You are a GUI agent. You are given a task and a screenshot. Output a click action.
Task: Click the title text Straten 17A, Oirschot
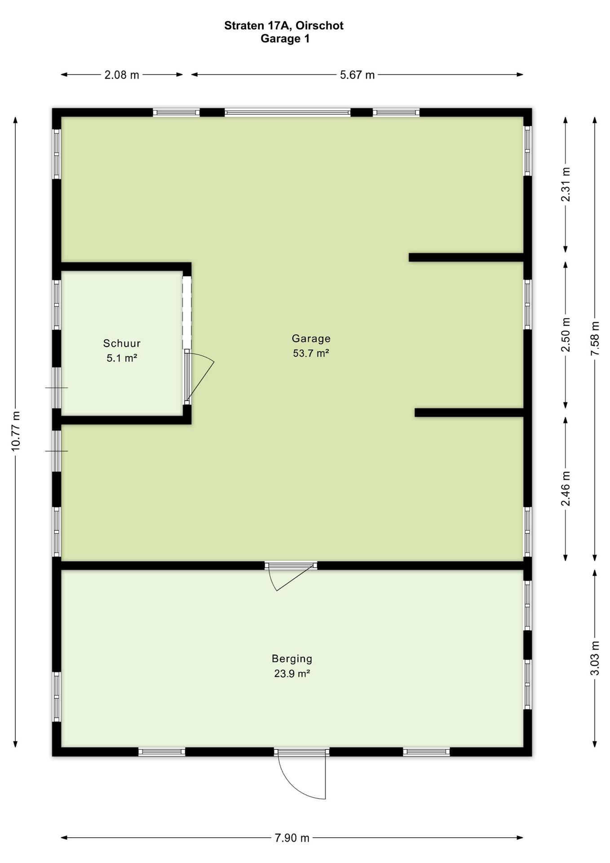[x=284, y=26]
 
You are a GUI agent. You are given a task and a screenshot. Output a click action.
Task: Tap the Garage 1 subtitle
[x=285, y=39]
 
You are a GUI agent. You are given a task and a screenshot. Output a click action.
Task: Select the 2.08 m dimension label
[x=122, y=75]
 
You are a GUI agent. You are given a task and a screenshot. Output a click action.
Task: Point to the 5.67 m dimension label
[x=357, y=75]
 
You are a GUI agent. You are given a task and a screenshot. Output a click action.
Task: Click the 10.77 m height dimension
[x=15, y=431]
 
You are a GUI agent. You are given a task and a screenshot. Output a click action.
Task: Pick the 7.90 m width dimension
[x=292, y=838]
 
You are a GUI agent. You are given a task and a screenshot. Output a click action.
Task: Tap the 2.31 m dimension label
[x=566, y=184]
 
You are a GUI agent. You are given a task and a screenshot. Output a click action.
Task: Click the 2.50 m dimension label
[x=566, y=335]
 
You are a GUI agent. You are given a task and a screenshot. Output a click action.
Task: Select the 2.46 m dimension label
[x=566, y=489]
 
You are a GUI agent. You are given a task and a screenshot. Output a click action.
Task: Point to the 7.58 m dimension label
[x=595, y=338]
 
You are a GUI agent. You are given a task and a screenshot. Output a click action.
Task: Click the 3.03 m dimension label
[x=595, y=658]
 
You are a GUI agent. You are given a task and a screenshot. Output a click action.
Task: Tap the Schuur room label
[x=122, y=343]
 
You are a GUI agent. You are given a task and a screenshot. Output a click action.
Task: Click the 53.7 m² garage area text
[x=311, y=353]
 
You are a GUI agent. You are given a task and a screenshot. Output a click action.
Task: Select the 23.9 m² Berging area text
[x=292, y=674]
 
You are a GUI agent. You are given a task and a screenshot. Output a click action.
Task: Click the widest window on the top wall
[x=287, y=113]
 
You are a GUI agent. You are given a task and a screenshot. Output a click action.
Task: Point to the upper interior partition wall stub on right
[x=466, y=258]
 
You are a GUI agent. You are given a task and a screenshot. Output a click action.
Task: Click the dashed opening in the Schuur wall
[x=187, y=312]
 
